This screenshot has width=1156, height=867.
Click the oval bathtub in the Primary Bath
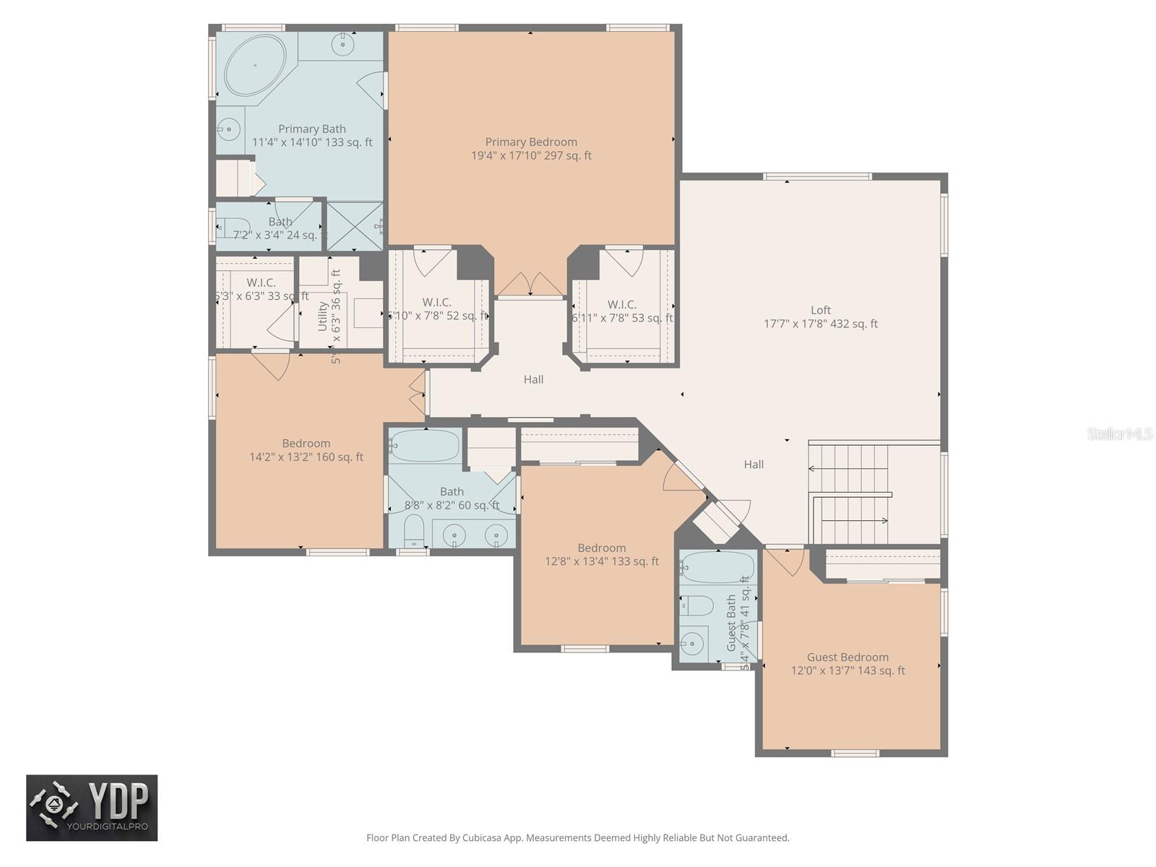point(254,65)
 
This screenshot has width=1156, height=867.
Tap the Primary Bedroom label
point(531,149)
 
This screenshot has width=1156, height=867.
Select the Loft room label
point(821,317)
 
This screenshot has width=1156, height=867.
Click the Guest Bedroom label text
point(847,663)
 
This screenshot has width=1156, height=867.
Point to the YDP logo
point(92,808)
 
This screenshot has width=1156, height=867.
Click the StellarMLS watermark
point(1120,433)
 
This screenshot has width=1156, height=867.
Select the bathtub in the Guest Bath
point(717,567)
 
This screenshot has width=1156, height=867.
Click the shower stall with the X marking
point(353,226)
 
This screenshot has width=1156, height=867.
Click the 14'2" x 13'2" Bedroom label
point(306,450)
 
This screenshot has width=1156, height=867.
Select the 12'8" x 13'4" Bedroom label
point(601,554)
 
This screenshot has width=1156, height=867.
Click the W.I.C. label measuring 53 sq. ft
point(622,311)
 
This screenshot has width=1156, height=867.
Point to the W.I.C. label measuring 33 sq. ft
point(261,289)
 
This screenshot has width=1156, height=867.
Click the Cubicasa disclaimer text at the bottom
point(577,838)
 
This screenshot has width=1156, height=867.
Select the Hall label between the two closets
point(533,379)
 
